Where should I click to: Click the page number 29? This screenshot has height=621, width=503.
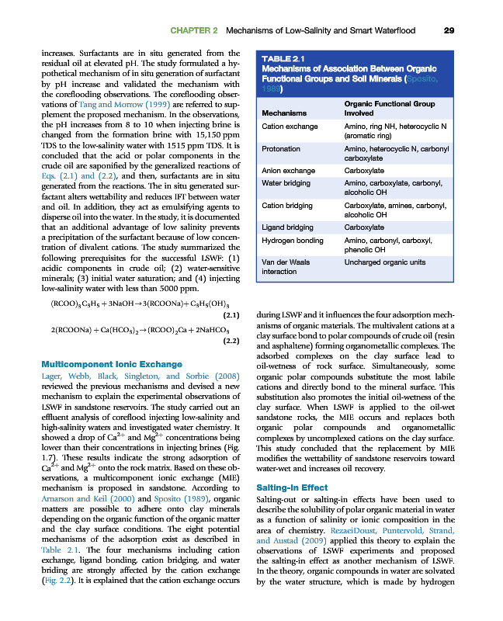tap(449, 30)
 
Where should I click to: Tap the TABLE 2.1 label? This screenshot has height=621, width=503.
tap(283, 58)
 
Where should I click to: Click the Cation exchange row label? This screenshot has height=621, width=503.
tap(290, 125)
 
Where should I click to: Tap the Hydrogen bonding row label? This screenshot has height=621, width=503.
tap(294, 240)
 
